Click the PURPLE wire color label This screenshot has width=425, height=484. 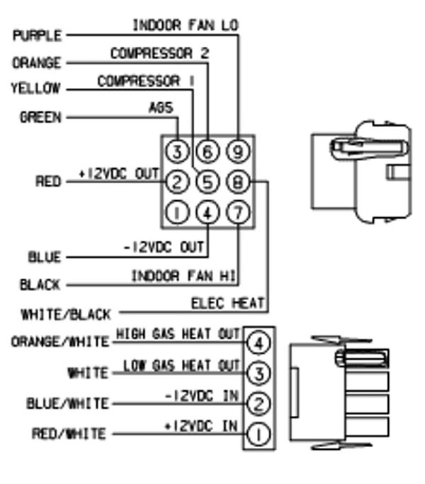37,35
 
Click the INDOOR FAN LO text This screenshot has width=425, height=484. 186,25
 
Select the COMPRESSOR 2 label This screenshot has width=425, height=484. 159,53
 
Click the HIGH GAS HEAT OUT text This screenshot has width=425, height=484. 178,334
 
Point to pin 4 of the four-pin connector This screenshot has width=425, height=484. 258,343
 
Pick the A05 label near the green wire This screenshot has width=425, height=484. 161,109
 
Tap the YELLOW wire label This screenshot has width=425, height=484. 35,89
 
